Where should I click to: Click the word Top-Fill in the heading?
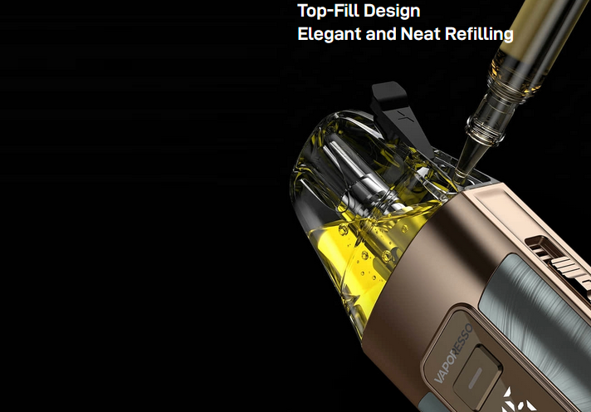tap(327, 11)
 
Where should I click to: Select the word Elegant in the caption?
tap(329, 34)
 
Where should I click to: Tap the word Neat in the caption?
tap(420, 33)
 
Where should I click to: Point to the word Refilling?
tap(479, 34)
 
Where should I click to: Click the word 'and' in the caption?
tap(380, 34)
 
